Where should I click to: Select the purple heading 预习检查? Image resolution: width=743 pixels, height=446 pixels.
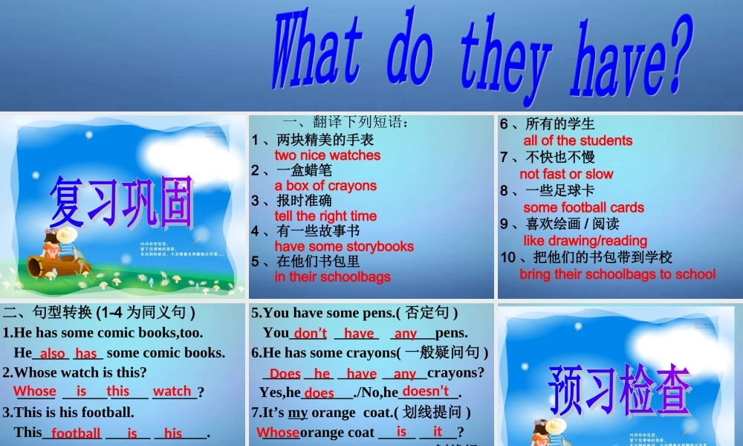[x=620, y=388]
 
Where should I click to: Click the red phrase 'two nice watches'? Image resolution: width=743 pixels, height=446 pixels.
[x=327, y=155]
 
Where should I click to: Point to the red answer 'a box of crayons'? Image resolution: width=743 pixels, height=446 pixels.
[x=325, y=186]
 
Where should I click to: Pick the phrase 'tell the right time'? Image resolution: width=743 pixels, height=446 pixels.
[x=325, y=216]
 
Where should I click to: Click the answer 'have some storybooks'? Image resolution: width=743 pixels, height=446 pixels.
[x=344, y=247]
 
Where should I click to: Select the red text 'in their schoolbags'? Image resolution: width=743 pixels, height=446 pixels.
[x=332, y=277]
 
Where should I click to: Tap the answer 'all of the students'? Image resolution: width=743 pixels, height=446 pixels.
[x=577, y=140]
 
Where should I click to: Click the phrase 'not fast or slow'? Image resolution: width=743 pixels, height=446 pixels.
[x=566, y=174]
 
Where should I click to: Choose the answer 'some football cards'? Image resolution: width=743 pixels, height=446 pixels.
[x=583, y=207]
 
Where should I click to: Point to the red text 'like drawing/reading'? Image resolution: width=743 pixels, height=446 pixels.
[x=585, y=241]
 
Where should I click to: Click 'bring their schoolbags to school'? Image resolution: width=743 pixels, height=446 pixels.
[x=617, y=274]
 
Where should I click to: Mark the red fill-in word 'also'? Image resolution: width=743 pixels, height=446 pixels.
[x=52, y=354]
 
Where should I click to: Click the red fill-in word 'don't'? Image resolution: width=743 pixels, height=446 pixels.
[x=310, y=334]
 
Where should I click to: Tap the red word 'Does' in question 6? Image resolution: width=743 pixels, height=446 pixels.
[x=285, y=374]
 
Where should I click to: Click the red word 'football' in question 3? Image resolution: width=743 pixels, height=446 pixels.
[x=76, y=433]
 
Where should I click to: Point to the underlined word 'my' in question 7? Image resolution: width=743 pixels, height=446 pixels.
[x=297, y=412]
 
